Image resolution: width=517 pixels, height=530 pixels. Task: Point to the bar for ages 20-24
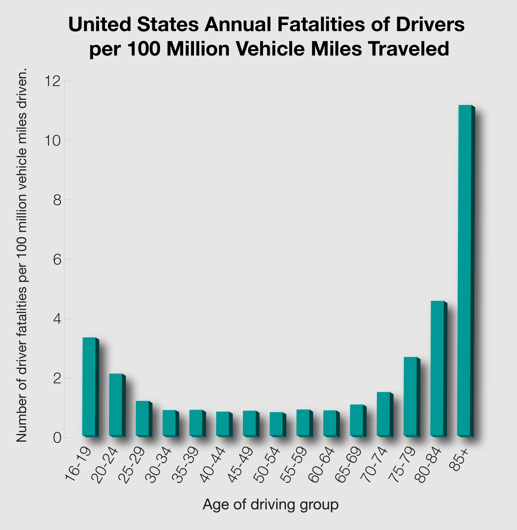tap(116, 405)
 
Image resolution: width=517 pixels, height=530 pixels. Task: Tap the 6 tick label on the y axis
tap(57, 260)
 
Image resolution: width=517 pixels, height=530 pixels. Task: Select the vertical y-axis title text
tap(22, 256)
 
